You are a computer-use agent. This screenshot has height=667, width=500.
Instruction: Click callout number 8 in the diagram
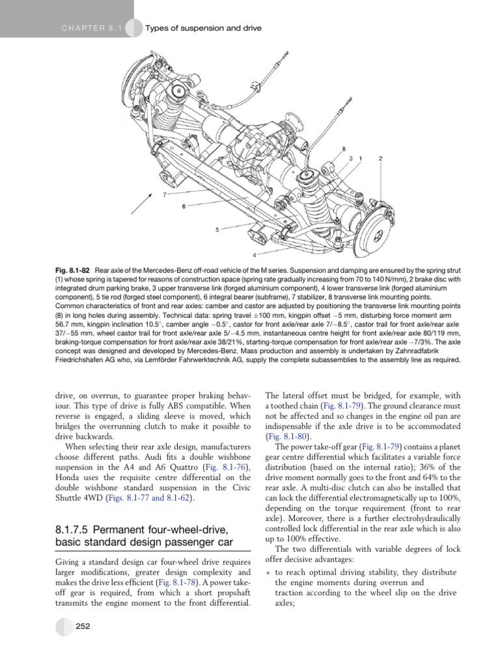[344, 149]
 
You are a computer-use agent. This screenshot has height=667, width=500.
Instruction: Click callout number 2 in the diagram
[381, 159]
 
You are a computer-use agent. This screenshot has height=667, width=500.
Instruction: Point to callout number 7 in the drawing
[164, 194]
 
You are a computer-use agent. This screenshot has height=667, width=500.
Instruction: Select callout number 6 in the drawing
[184, 206]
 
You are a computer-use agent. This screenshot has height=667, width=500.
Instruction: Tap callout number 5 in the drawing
[217, 230]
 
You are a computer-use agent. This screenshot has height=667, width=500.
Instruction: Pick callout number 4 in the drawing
[255, 255]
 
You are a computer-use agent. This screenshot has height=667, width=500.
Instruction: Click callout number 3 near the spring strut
[351, 159]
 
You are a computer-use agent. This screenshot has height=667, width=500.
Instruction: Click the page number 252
[83, 626]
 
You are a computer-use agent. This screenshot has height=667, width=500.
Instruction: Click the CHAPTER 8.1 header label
[92, 28]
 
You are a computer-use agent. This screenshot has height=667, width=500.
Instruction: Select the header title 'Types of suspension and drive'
[203, 28]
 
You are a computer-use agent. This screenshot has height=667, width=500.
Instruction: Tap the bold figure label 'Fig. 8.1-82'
[72, 270]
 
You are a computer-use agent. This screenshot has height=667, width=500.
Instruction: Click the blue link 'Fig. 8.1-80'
[287, 436]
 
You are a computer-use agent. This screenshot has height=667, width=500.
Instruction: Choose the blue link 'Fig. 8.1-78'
[177, 582]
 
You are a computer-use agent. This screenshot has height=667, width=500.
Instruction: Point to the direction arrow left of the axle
[141, 203]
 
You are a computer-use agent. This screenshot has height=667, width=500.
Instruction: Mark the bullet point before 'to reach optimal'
[268, 573]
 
